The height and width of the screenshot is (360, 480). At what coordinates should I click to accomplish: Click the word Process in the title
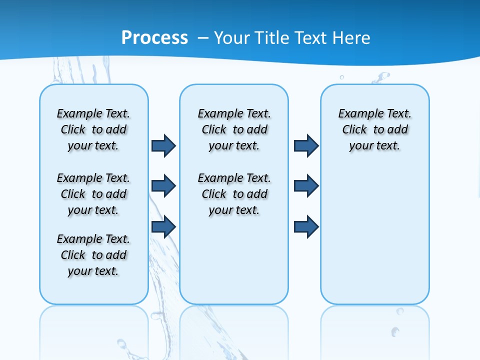[154, 37]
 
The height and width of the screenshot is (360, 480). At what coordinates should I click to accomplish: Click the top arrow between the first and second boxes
[163, 145]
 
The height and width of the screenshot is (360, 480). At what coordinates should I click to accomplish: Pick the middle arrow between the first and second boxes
[163, 186]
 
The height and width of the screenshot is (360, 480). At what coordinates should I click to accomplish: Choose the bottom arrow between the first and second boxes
[163, 226]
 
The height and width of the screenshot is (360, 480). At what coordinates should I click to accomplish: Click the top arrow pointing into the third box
[306, 145]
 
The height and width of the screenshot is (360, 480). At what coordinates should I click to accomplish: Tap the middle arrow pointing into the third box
[306, 186]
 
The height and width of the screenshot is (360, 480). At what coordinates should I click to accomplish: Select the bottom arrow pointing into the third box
[306, 226]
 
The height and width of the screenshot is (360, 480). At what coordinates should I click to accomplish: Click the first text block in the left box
[93, 129]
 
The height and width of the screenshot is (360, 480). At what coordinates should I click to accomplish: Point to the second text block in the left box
[93, 194]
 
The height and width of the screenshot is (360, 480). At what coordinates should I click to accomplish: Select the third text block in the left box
[93, 255]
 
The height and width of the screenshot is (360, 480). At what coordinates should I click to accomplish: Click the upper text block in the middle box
[234, 129]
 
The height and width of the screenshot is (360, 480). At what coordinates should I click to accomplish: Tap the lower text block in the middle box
[234, 194]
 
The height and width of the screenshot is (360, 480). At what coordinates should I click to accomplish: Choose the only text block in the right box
[375, 129]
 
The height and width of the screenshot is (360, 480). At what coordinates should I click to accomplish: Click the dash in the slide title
[203, 38]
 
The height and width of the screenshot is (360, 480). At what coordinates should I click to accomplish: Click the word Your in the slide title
[232, 37]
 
